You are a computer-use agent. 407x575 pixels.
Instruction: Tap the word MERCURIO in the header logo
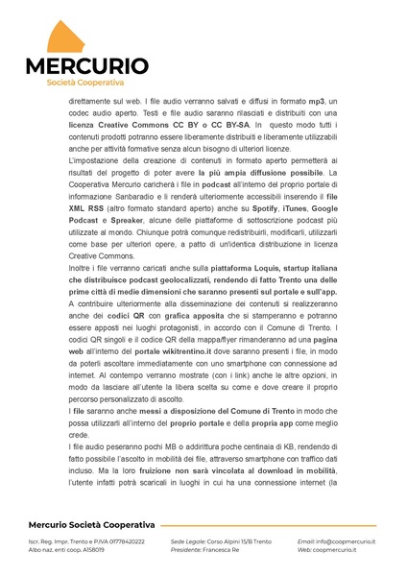point(86,67)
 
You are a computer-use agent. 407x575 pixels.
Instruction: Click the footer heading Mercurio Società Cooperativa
point(92,525)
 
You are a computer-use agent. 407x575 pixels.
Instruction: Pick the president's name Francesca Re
point(219,551)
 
